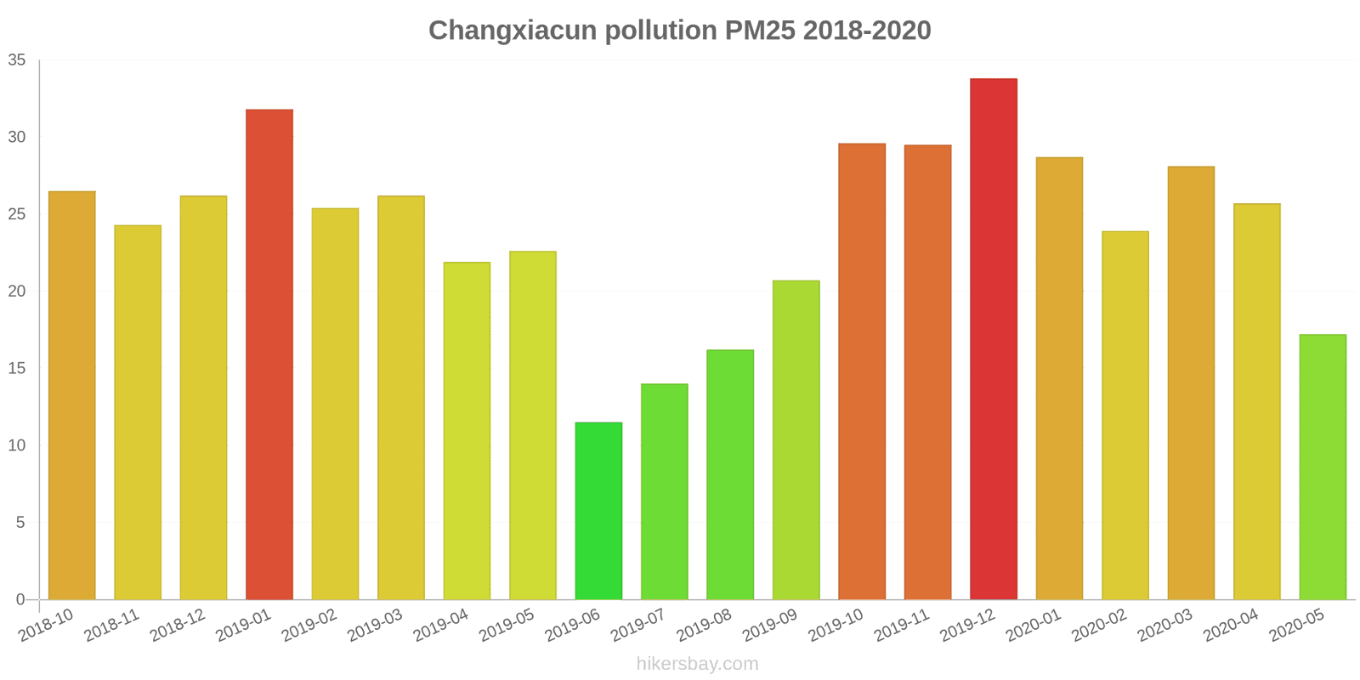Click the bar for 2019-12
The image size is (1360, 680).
(993, 339)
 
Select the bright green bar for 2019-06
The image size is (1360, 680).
(598, 511)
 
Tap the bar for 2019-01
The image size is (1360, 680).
(269, 354)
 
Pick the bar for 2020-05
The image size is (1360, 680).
(1323, 467)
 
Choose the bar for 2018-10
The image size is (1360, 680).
(72, 395)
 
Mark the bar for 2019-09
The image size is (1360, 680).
(796, 439)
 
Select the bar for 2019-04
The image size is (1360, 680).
(467, 431)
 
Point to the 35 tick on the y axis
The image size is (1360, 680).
(17, 60)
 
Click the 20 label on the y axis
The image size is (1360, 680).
(17, 292)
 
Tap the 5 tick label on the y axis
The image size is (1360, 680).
(20, 523)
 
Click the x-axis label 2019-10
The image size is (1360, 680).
(836, 626)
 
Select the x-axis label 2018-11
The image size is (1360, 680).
(111, 626)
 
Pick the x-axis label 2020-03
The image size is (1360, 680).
(1164, 626)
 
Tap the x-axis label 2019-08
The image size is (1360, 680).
(704, 626)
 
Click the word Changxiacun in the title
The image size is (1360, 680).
(513, 31)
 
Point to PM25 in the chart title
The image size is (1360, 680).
(760, 31)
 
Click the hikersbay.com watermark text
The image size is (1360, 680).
(697, 664)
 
